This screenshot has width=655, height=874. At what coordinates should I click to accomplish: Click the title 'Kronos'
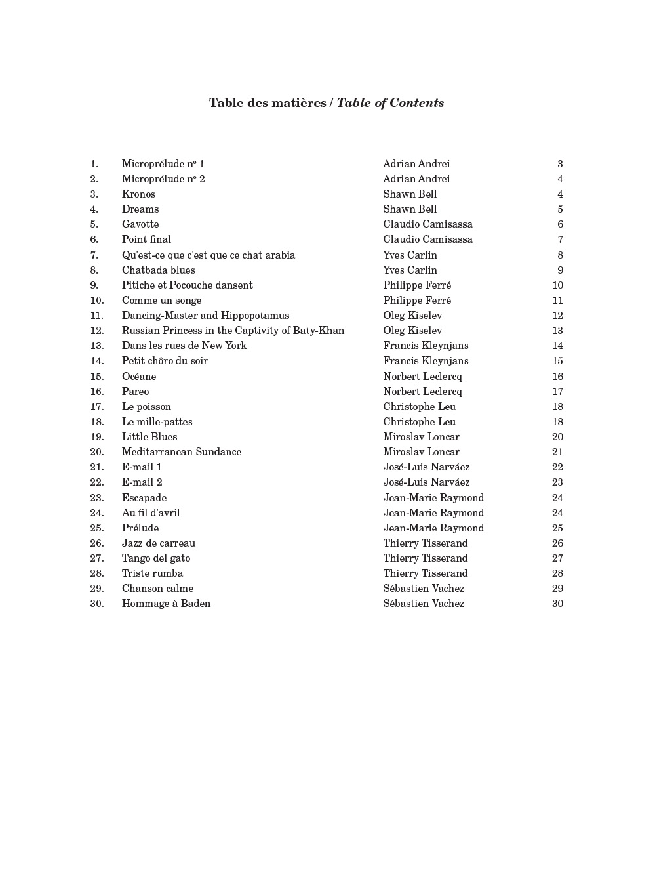[138, 194]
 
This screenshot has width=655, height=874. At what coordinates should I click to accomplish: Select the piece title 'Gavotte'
[140, 224]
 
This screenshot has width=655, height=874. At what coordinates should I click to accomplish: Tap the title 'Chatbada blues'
[158, 270]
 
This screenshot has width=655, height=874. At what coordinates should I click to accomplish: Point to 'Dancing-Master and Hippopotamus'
[205, 316]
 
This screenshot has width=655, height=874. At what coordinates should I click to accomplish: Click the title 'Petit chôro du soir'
[165, 361]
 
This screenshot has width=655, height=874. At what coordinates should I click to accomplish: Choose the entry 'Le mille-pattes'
[157, 422]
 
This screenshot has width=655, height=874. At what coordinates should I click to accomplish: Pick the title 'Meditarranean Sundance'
[182, 452]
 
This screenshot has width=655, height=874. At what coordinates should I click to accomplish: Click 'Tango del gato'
[156, 558]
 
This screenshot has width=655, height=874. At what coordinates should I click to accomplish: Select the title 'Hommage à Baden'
[166, 604]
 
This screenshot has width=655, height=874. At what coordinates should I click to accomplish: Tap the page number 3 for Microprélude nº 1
[560, 164]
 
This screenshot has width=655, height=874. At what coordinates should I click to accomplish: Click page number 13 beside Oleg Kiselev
[557, 331]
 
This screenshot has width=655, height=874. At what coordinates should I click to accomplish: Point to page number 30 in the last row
[557, 604]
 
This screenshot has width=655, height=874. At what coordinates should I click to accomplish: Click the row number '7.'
[94, 255]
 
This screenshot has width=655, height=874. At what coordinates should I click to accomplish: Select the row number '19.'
[97, 437]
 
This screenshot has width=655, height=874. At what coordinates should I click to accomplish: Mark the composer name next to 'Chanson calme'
[424, 589]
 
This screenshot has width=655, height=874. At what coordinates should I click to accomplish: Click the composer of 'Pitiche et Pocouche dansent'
[417, 285]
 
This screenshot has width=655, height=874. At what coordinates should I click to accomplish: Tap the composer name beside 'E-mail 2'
[426, 482]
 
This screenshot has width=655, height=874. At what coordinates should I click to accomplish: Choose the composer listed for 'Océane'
[422, 377]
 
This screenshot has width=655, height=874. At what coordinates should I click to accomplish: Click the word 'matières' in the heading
[300, 103]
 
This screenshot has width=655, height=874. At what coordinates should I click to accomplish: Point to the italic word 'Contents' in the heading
[417, 103]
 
